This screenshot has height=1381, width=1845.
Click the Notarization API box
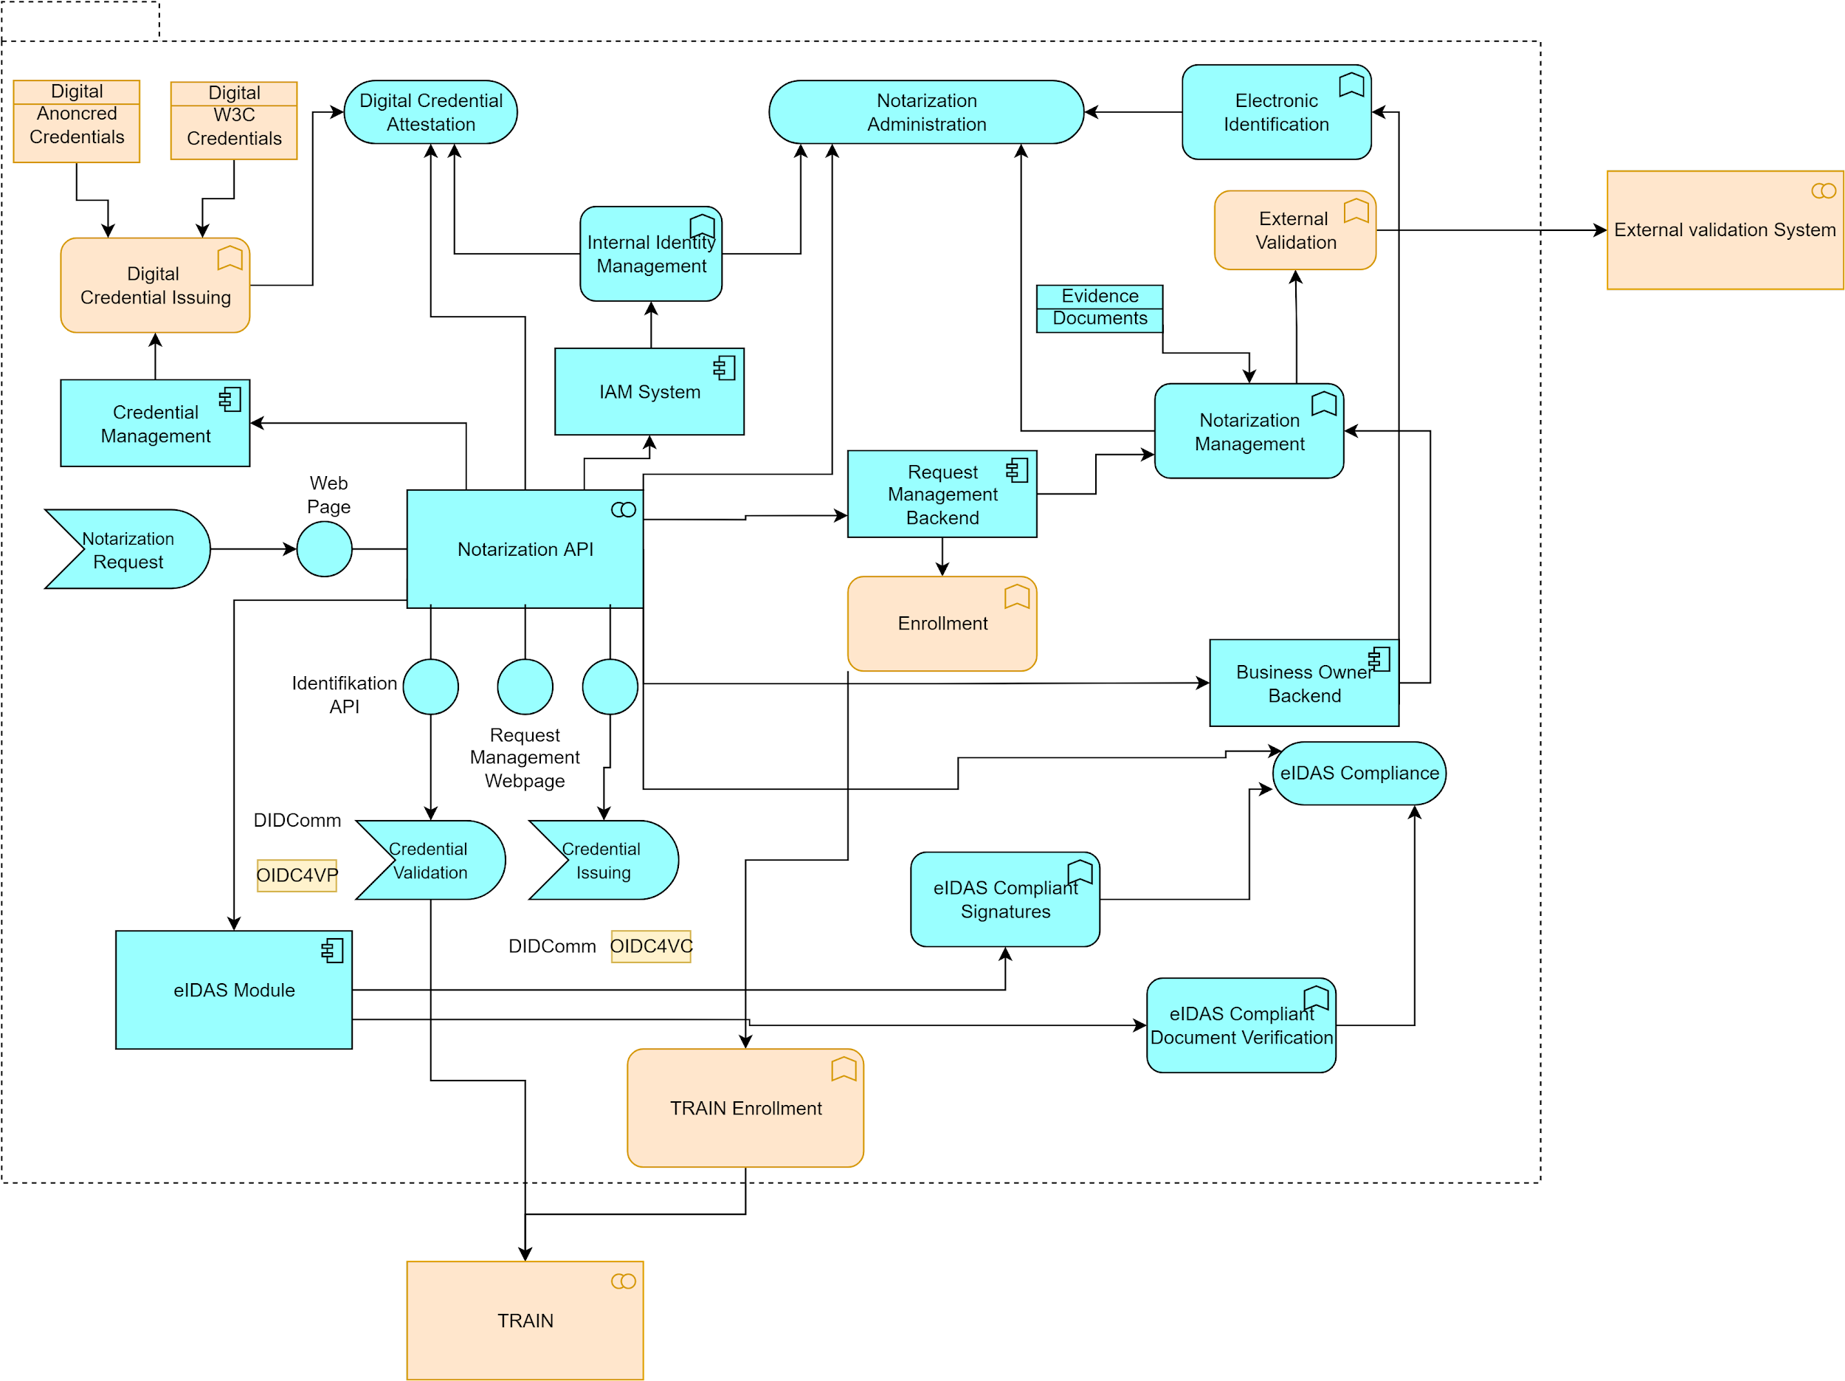click(x=525, y=548)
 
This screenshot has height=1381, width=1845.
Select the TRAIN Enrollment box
click(x=745, y=1107)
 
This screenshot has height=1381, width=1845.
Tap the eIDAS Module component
click(x=233, y=990)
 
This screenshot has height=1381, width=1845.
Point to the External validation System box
click(x=1725, y=230)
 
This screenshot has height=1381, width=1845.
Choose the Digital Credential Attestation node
click(x=430, y=111)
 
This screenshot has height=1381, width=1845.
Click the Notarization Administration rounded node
click(x=926, y=111)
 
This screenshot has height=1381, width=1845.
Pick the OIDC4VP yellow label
click(x=297, y=875)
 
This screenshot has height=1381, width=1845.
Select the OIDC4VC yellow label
click(x=651, y=946)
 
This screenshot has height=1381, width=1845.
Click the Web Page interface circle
click(x=325, y=549)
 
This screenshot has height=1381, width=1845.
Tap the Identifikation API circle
click(x=430, y=686)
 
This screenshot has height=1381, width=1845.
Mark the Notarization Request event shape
click(x=128, y=549)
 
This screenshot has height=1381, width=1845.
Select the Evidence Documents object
click(x=1100, y=309)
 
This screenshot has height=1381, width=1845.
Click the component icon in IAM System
click(x=724, y=368)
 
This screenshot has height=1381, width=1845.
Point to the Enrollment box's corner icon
click(x=1017, y=596)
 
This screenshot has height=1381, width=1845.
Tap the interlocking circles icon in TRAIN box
click(x=623, y=1281)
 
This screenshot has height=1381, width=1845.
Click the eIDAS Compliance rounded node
click(x=1359, y=774)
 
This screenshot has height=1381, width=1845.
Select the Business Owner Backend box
click(x=1304, y=683)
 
